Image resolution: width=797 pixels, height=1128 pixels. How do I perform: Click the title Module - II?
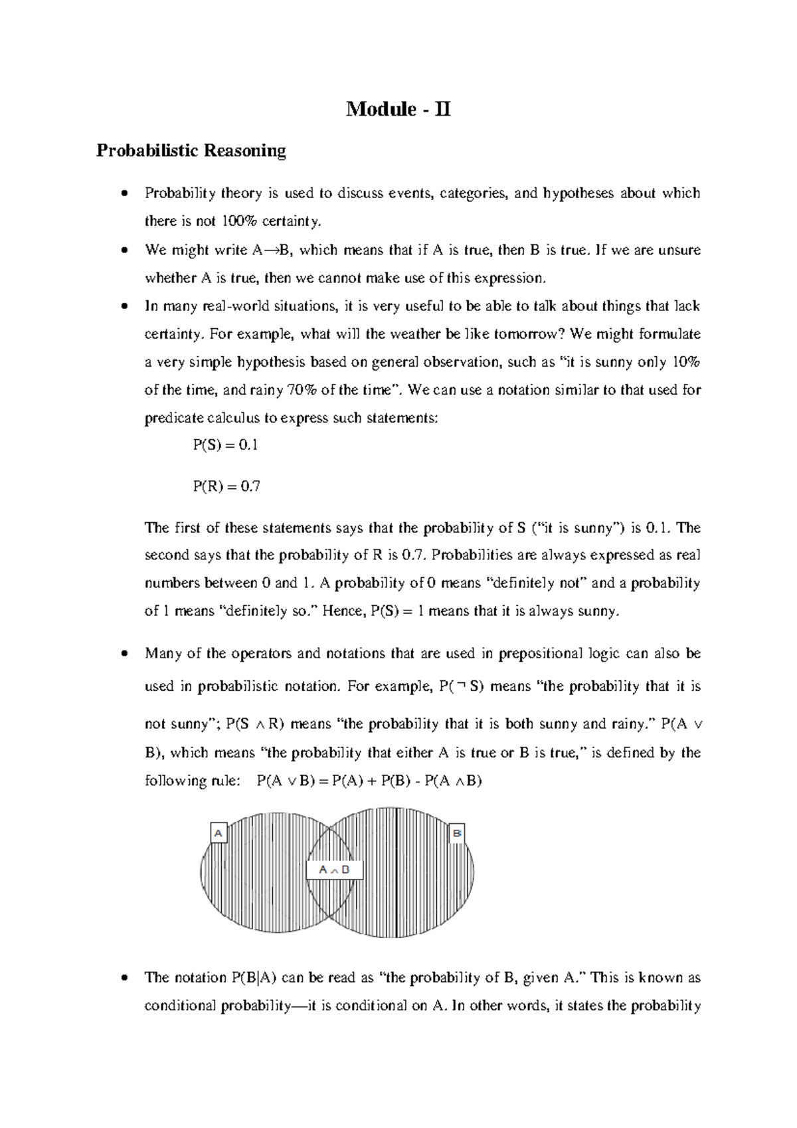(398, 109)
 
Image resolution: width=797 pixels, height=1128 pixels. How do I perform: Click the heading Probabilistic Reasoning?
(191, 151)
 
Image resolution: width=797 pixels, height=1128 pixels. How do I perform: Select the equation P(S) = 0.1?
(225, 445)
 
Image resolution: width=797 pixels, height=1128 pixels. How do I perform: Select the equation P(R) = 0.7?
(226, 487)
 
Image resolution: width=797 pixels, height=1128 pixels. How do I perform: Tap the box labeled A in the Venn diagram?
(219, 832)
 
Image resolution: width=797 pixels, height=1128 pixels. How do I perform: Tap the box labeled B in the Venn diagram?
(457, 832)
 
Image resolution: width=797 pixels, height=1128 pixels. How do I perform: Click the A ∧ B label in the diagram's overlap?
(334, 870)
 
